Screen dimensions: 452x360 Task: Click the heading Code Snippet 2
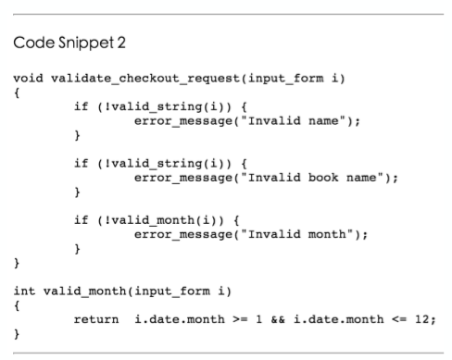(69, 43)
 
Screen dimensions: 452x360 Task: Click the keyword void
(28, 79)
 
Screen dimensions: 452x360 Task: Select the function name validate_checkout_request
(145, 79)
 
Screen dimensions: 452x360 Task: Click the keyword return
(96, 319)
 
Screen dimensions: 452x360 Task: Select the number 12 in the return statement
(422, 319)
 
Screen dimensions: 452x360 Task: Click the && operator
(278, 319)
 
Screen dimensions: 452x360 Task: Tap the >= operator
(240, 319)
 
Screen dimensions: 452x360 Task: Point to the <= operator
(399, 319)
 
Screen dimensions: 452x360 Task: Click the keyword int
(24, 291)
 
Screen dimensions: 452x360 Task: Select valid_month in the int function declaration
(85, 292)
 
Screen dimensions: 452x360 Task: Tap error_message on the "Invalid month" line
(183, 235)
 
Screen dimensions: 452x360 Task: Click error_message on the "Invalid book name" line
(183, 178)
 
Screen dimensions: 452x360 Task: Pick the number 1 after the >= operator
(259, 319)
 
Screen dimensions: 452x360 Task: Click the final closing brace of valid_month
(17, 334)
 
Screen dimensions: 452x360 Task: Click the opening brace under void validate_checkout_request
(17, 93)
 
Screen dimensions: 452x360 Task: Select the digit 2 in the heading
(121, 43)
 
